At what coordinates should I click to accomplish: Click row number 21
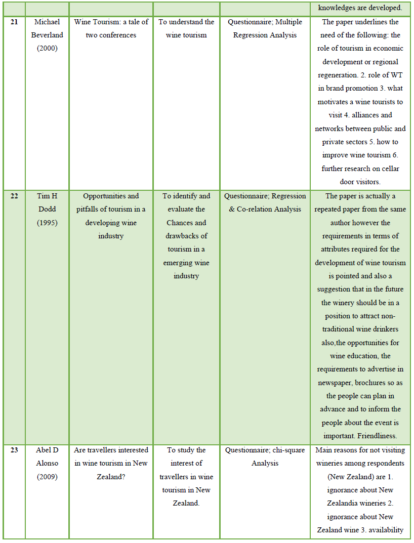(14, 22)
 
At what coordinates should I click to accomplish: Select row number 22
(14, 196)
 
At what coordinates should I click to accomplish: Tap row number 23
(14, 450)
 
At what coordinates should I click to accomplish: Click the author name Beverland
(47, 35)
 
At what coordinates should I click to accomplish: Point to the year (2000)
(47, 49)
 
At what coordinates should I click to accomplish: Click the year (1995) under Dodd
(47, 223)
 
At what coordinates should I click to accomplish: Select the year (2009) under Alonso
(47, 477)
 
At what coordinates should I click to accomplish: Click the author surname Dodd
(47, 210)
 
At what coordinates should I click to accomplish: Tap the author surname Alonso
(47, 463)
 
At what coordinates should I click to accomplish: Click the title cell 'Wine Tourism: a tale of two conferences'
(111, 29)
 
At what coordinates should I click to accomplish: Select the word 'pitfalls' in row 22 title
(89, 210)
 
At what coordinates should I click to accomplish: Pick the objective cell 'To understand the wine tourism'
(186, 29)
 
